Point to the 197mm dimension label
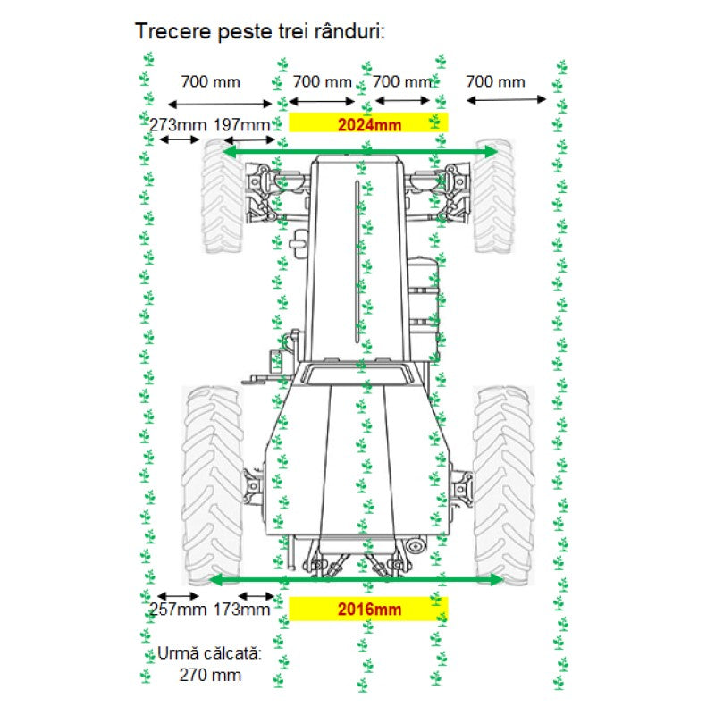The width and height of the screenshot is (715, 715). click(241, 124)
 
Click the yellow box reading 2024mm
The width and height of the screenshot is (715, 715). click(368, 124)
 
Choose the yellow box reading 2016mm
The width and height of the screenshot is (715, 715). click(368, 610)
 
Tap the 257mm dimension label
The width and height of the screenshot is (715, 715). click(176, 610)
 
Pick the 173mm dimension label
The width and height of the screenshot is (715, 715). click(241, 610)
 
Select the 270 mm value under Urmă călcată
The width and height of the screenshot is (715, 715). click(209, 675)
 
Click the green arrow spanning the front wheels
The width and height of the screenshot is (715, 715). click(359, 153)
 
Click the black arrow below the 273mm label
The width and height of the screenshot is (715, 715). click(180, 139)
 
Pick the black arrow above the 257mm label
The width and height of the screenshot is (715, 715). click(178, 595)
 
